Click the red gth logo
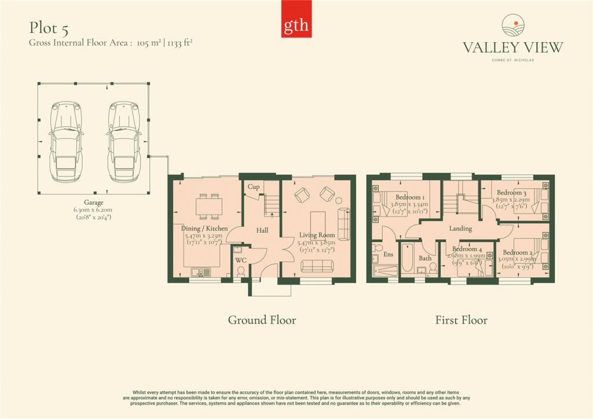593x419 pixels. (x=296, y=19)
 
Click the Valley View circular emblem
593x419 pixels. (x=513, y=25)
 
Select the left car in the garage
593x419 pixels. (x=66, y=141)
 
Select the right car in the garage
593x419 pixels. (x=124, y=141)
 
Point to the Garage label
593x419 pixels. (x=93, y=203)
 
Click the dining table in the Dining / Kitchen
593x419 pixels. (x=208, y=206)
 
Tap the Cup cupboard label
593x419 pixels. (x=254, y=187)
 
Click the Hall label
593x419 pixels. (x=262, y=230)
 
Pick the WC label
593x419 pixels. (x=241, y=260)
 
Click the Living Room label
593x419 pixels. (x=317, y=235)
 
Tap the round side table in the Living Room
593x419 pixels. (x=339, y=200)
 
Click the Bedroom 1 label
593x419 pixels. (x=410, y=197)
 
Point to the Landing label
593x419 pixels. (x=460, y=229)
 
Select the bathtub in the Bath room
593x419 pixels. (x=407, y=258)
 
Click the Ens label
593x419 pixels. (x=389, y=255)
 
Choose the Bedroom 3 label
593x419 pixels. (x=511, y=193)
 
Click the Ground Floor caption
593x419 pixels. (x=262, y=321)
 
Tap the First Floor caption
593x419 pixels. (x=461, y=321)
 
